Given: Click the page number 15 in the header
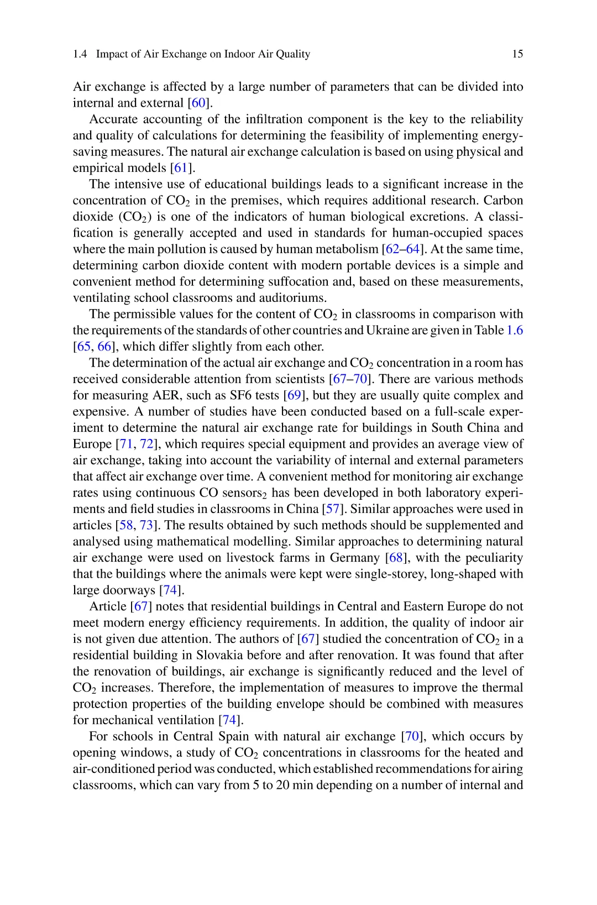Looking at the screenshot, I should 517,54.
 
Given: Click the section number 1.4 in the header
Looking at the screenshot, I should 80,54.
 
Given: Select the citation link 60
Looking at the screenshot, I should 198,103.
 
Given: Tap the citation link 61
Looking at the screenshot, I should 181,168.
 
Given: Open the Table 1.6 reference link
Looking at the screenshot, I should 515,331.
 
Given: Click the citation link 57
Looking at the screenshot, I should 333,509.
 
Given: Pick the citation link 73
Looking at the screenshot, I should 146,525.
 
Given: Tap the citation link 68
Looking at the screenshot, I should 396,558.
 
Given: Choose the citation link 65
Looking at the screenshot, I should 83,347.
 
